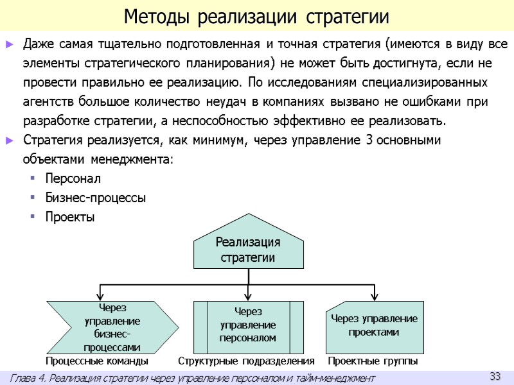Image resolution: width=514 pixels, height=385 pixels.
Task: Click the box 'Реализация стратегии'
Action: (x=248, y=250)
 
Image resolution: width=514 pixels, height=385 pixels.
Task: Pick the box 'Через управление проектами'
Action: (x=374, y=325)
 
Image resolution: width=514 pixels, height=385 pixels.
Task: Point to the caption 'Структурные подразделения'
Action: (x=246, y=362)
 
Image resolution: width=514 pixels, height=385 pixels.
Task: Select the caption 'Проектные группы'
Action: (x=373, y=362)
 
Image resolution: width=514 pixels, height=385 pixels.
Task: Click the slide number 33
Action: (x=495, y=375)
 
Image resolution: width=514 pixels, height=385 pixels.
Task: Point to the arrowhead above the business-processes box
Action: (x=100, y=295)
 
